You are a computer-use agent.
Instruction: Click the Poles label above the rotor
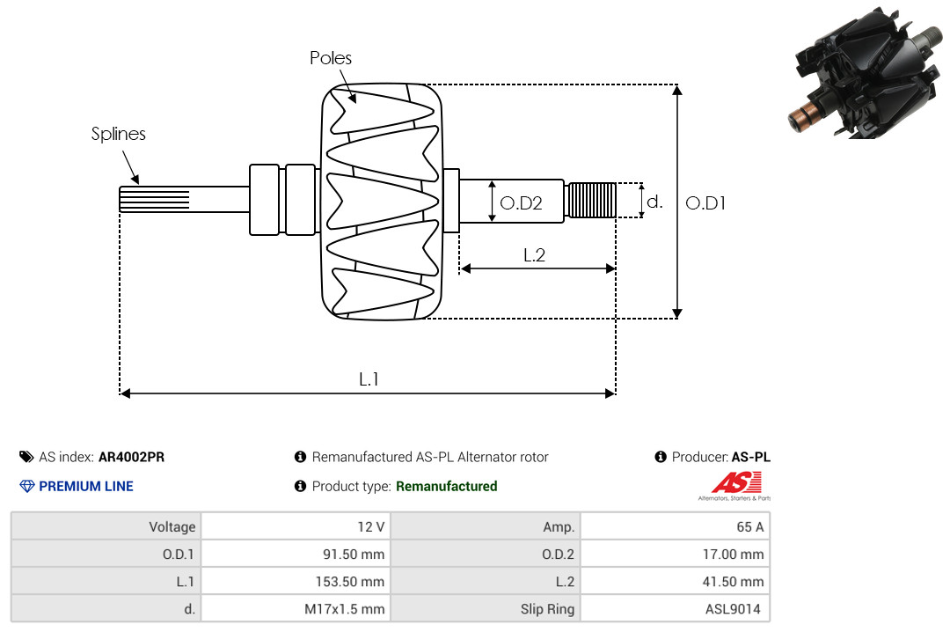pyautogui.click(x=330, y=57)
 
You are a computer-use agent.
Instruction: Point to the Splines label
pyautogui.click(x=118, y=134)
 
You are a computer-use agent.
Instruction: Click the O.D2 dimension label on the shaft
pyautogui.click(x=521, y=203)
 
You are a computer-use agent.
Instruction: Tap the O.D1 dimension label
pyautogui.click(x=705, y=203)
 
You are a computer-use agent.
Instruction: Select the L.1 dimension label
pyautogui.click(x=369, y=379)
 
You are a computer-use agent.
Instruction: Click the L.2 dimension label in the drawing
pyautogui.click(x=535, y=255)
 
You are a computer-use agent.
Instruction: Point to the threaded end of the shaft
pyautogui.click(x=591, y=200)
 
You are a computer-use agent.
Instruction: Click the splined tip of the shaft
pyautogui.click(x=155, y=199)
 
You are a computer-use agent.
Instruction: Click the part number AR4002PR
pyautogui.click(x=131, y=458)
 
